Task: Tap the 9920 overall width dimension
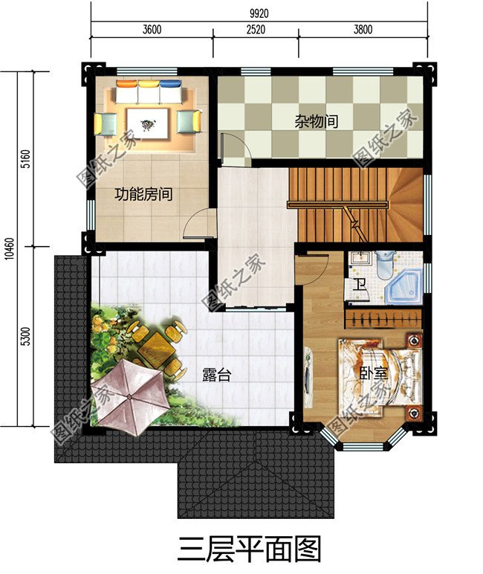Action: pyautogui.click(x=260, y=13)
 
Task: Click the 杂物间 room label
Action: pyautogui.click(x=316, y=120)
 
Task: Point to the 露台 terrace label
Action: pyautogui.click(x=216, y=375)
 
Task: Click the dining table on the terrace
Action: pyautogui.click(x=158, y=344)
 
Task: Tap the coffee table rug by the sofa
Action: pyautogui.click(x=149, y=121)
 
